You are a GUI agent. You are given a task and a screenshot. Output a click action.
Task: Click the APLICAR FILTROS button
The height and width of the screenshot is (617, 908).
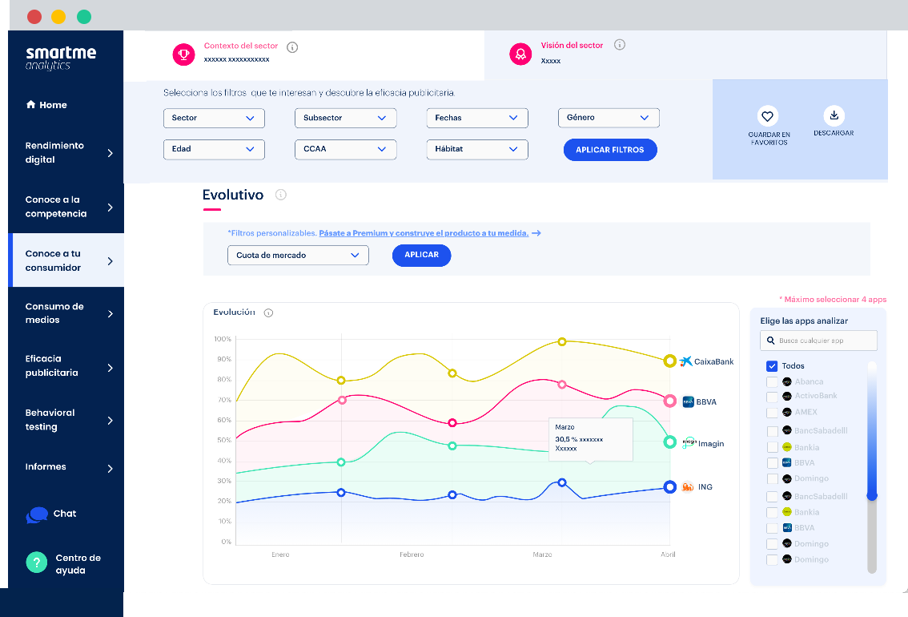point(610,150)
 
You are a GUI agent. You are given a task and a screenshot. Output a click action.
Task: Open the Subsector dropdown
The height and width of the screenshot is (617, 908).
point(345,118)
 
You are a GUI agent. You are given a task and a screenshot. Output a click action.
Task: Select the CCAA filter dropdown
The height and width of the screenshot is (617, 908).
point(345,149)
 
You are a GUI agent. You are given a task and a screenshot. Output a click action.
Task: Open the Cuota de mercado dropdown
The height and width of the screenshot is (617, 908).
point(298,256)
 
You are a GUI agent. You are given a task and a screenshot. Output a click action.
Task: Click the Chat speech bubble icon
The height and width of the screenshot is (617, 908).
point(37,514)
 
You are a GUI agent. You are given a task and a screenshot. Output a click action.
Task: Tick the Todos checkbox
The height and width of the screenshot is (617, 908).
point(772,366)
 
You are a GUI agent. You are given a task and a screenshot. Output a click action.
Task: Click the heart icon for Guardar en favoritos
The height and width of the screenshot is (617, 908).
point(768,116)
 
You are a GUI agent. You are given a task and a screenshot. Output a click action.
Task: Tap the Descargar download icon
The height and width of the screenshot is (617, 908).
point(834,115)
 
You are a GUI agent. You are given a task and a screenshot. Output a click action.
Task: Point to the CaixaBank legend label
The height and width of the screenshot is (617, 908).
point(713,361)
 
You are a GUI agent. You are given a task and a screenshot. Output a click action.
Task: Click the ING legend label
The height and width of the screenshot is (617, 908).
point(705,487)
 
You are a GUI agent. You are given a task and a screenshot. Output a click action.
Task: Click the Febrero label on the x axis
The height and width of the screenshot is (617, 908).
point(412,554)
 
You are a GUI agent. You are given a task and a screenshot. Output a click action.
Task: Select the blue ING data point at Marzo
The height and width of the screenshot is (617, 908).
point(562,482)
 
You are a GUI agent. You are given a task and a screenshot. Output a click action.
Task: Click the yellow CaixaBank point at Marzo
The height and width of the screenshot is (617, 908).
point(562,341)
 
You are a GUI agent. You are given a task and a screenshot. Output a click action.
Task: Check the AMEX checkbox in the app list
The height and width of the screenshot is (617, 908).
point(772,413)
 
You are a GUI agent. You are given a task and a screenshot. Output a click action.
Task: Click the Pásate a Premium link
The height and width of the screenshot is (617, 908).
point(424,233)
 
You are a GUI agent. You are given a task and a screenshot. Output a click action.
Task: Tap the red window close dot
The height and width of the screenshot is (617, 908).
point(34,17)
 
